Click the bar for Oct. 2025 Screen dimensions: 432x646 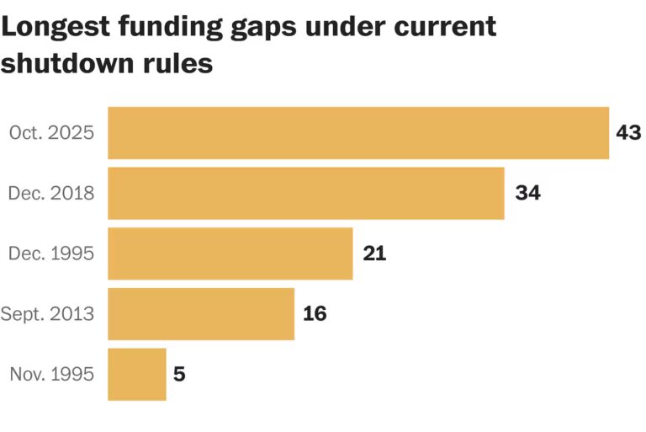pyautogui.click(x=358, y=133)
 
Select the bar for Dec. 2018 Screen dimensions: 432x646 pyautogui.click(x=306, y=193)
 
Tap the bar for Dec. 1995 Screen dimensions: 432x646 pyautogui.click(x=230, y=253)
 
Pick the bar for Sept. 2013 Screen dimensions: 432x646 pyautogui.click(x=201, y=313)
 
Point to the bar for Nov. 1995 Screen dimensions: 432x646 pyautogui.click(x=137, y=374)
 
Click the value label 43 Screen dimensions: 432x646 pyautogui.click(x=628, y=132)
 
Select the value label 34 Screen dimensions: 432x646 pyautogui.click(x=527, y=193)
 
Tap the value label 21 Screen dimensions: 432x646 pyautogui.click(x=374, y=253)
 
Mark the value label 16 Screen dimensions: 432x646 pyautogui.click(x=315, y=313)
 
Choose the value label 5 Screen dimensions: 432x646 pyautogui.click(x=179, y=374)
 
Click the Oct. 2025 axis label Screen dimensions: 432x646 pyautogui.click(x=51, y=133)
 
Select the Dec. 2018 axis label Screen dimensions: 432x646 pyautogui.click(x=51, y=193)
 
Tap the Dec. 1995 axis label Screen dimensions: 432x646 pyautogui.click(x=51, y=253)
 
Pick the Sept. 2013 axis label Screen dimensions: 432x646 pyautogui.click(x=47, y=314)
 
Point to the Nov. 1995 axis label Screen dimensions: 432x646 pyautogui.click(x=51, y=374)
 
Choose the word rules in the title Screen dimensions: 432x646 pyautogui.click(x=186, y=63)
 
